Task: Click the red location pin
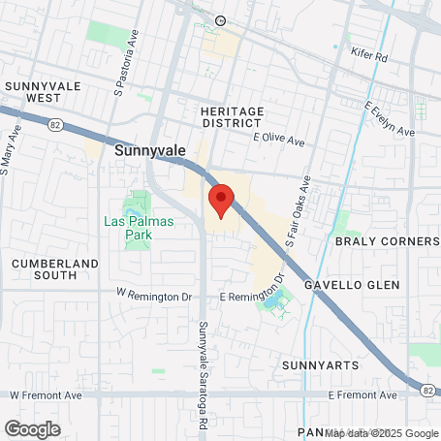tap(222, 200)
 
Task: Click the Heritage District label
tap(232, 117)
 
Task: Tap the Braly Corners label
tap(387, 240)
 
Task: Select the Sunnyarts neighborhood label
tap(320, 365)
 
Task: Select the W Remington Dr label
tap(149, 292)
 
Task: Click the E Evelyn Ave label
tap(390, 119)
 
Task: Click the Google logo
tap(32, 428)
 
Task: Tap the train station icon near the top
tap(220, 20)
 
